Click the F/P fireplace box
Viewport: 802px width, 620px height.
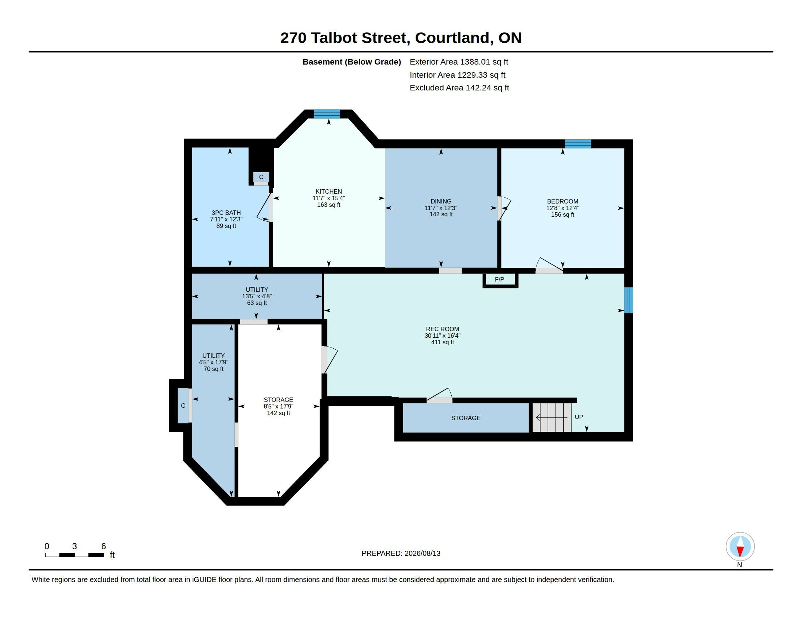coord(500,280)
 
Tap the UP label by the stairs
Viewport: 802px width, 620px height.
coord(579,417)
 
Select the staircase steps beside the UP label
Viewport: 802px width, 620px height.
coord(552,418)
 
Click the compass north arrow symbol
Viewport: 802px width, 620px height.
coord(740,547)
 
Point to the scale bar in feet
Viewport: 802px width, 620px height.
coord(74,555)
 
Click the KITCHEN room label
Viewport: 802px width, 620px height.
coord(329,191)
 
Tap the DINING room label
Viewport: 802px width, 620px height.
coord(441,201)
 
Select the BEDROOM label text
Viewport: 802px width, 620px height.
coord(562,201)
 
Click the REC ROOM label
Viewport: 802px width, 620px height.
coord(443,329)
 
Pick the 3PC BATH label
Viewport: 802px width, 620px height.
coord(226,213)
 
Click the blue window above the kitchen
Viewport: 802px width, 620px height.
coord(327,114)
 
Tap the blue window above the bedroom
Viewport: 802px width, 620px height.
coord(578,144)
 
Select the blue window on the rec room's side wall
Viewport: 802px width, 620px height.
coord(629,301)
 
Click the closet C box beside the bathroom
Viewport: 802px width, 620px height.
coord(261,177)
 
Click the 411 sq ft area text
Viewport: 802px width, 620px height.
coord(443,342)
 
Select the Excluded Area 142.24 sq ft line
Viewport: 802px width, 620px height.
coord(459,88)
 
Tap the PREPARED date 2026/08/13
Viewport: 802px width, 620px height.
coord(422,553)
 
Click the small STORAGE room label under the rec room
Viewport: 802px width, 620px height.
coord(466,418)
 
